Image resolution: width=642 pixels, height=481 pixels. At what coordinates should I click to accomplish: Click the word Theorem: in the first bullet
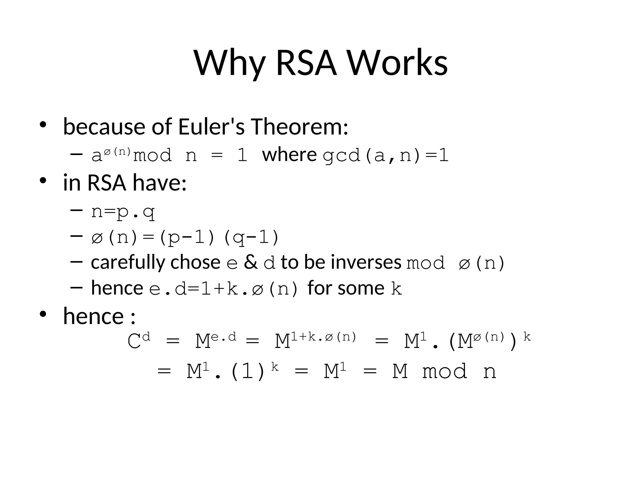299,127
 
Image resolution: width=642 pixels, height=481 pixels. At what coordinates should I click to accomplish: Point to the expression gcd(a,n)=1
386,155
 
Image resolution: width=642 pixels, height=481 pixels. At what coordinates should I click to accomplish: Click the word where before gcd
289,155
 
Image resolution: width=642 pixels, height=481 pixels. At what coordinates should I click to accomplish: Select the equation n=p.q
123,212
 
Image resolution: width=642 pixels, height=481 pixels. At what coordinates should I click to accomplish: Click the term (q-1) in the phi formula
251,237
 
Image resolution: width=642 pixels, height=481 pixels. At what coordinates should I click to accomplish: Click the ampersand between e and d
250,262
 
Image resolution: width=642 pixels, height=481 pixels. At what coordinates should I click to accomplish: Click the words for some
346,288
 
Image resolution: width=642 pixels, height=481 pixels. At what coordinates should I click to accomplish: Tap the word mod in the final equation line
445,372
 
